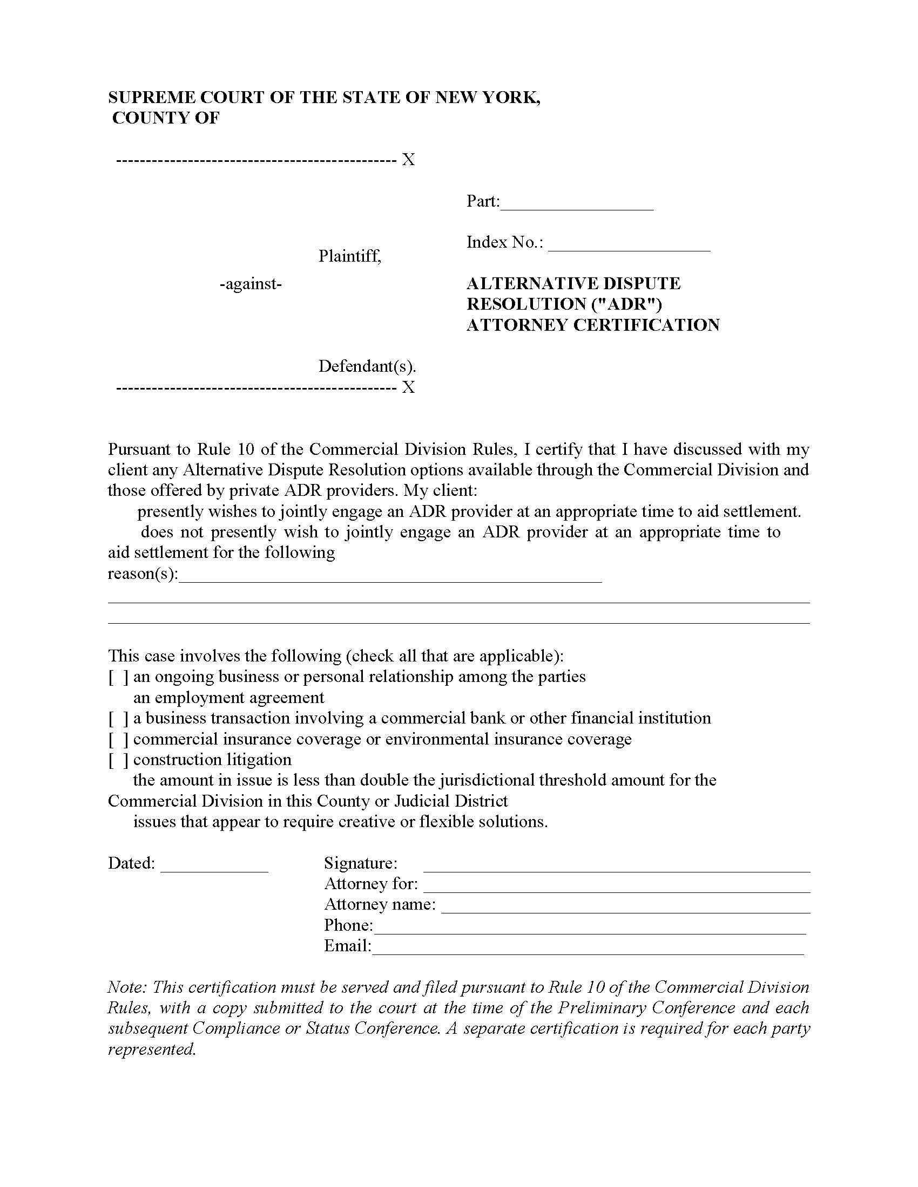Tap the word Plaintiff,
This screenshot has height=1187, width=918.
[350, 255]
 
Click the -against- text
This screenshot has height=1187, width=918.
[251, 284]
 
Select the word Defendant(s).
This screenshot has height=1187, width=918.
[367, 366]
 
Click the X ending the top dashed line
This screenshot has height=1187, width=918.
[408, 160]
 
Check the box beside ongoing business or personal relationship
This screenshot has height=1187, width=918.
[118, 677]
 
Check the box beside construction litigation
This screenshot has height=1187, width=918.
[118, 760]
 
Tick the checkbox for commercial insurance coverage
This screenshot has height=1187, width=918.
[118, 740]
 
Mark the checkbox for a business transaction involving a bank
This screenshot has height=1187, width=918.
[118, 719]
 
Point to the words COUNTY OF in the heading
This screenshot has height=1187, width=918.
[166, 118]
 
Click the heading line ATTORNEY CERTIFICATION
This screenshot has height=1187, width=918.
[593, 325]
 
